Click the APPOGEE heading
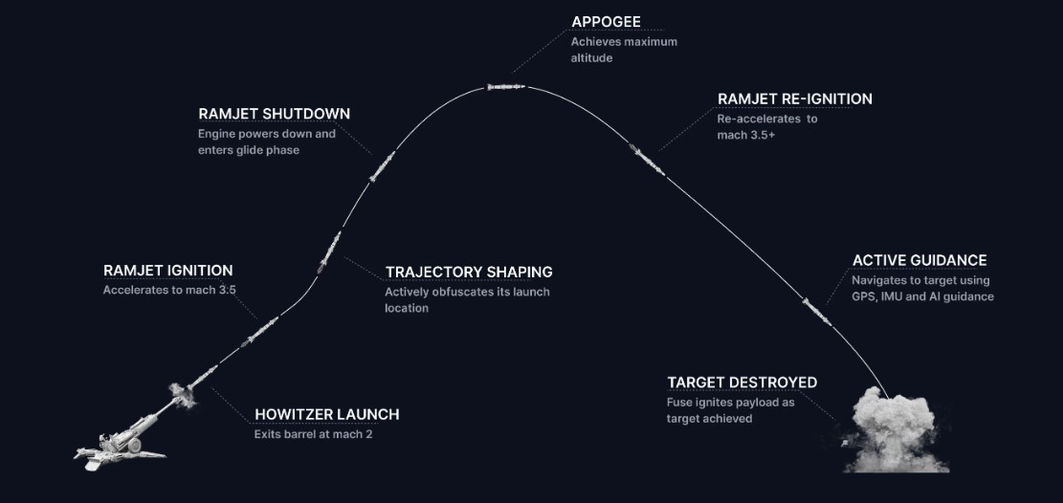pyautogui.click(x=606, y=22)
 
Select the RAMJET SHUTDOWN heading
pyautogui.click(x=274, y=113)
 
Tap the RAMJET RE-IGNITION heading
pyautogui.click(x=794, y=98)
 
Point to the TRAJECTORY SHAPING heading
pyautogui.click(x=469, y=272)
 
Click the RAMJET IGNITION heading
pyautogui.click(x=168, y=271)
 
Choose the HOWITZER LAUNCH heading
pyautogui.click(x=327, y=414)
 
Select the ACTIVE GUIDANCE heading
pyautogui.click(x=919, y=260)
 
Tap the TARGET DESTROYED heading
pyautogui.click(x=742, y=383)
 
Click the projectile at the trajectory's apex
pyautogui.click(x=506, y=87)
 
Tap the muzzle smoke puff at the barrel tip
pyautogui.click(x=182, y=395)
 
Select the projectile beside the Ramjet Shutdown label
pyautogui.click(x=383, y=166)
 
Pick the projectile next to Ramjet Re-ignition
pyautogui.click(x=647, y=160)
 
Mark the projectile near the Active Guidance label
pyautogui.click(x=817, y=312)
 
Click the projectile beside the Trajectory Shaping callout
pyautogui.click(x=329, y=252)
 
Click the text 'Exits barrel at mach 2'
pyautogui.click(x=313, y=434)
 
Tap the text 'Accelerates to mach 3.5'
pyautogui.click(x=169, y=290)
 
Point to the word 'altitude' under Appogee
pyautogui.click(x=592, y=58)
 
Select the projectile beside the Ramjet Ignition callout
pyautogui.click(x=259, y=331)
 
